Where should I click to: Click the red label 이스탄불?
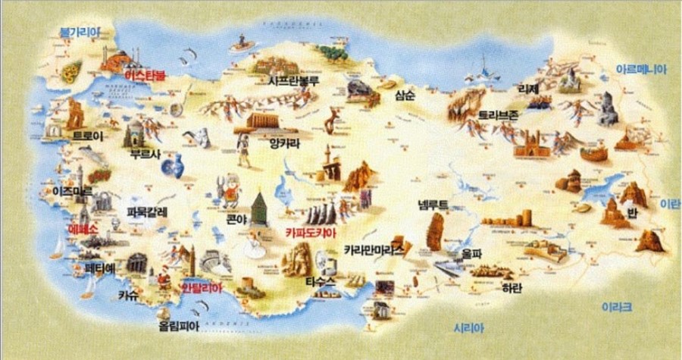point(145,76)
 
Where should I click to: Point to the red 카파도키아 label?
point(310,233)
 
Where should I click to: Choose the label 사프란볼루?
point(293,78)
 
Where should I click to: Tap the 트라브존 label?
point(498,115)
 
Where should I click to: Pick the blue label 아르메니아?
point(641,68)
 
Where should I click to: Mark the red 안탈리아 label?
point(202,288)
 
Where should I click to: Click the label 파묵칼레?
point(147,211)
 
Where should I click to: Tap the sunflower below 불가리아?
point(70,73)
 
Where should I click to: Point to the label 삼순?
point(405,96)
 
